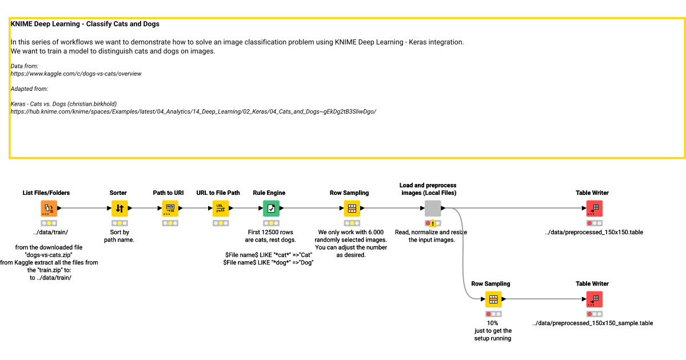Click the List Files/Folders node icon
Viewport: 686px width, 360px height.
49,209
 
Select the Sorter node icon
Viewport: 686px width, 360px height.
119,209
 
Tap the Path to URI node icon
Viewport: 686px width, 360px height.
170,209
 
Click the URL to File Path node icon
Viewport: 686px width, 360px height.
220,209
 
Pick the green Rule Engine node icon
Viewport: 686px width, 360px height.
271,209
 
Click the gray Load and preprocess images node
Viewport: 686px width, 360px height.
432,209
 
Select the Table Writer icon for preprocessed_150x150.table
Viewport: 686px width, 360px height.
594,209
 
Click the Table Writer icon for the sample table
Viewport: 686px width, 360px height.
594,299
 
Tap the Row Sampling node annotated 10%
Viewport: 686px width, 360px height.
493,299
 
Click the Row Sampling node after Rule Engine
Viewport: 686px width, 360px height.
352,209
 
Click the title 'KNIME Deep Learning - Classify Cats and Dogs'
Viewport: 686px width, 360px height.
85,24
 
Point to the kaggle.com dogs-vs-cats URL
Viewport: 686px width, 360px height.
76,74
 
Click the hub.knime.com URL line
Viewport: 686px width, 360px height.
193,111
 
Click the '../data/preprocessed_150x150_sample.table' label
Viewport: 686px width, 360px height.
592,323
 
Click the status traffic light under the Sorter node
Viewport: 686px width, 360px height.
119,223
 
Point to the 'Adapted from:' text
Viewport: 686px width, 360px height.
29,89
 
